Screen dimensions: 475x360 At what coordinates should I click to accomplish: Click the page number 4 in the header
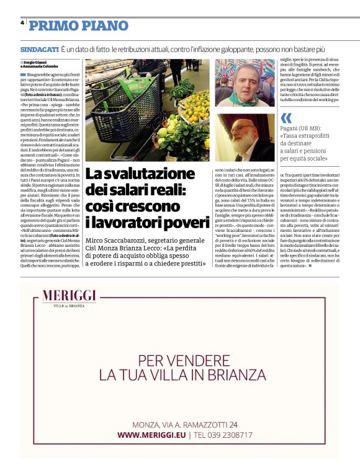[x=22, y=22]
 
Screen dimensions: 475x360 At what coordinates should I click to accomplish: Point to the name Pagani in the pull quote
[x=291, y=129]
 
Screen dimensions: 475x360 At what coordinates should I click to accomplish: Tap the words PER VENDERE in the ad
[x=179, y=360]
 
